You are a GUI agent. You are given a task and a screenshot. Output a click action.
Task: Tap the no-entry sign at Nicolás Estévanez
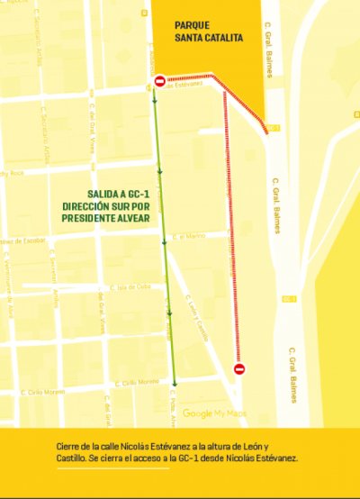pyautogui.click(x=159, y=82)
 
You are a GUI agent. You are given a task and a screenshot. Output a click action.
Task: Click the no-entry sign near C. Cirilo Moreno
pyautogui.click(x=238, y=368)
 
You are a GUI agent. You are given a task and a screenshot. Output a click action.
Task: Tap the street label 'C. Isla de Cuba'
pyautogui.click(x=129, y=287)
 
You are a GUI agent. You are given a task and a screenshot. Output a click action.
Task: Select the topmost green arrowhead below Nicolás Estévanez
pyautogui.click(x=156, y=103)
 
